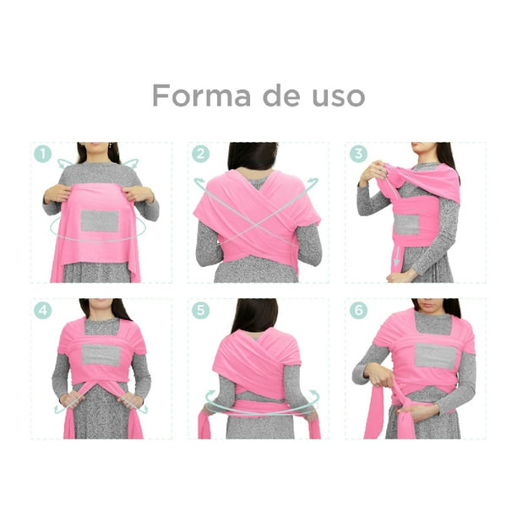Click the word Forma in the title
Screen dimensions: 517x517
coord(201,95)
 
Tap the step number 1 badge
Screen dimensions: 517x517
coord(42,154)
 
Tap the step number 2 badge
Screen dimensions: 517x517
coord(200,154)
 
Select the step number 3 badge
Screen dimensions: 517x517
coord(358,154)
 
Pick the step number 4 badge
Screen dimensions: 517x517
coord(42,310)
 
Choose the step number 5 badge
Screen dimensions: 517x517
coord(200,310)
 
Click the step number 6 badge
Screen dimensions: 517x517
coord(358,310)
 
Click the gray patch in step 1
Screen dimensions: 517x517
coord(100,221)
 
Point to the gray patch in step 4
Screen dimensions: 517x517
coord(101,355)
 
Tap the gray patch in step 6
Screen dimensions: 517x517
coord(436,356)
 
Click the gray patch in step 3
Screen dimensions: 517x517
coord(406,224)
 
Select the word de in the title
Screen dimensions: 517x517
coord(281,95)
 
